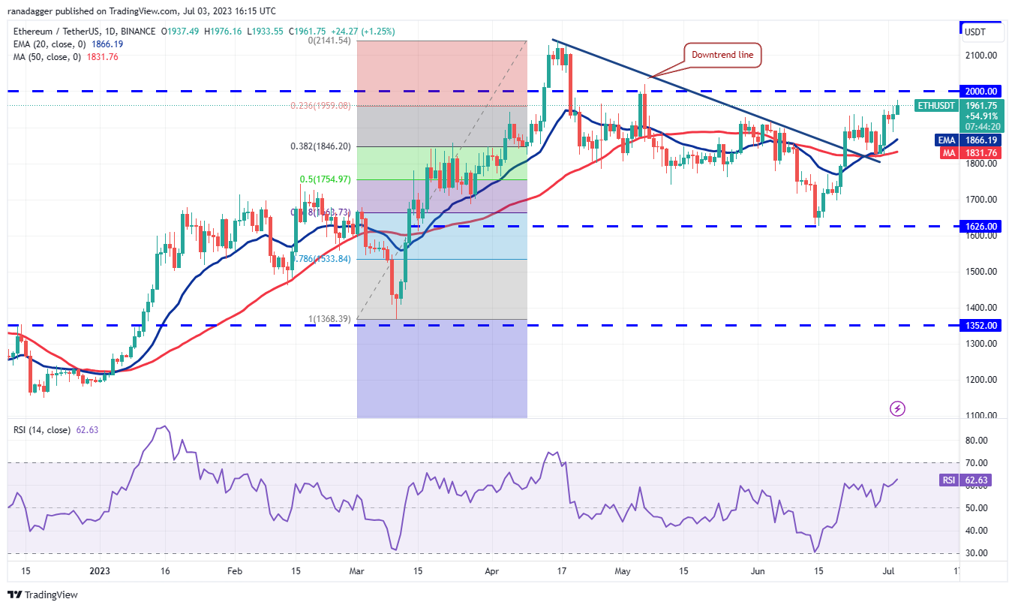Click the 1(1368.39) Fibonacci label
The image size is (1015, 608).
tap(329, 319)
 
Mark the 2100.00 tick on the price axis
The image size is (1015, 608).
tap(981, 56)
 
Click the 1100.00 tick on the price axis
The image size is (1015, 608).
tap(981, 415)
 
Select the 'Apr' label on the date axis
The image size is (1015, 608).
tap(492, 571)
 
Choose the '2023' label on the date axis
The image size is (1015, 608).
tap(99, 571)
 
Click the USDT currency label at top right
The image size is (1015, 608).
tap(974, 32)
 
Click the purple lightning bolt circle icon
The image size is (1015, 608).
tap(898, 409)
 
